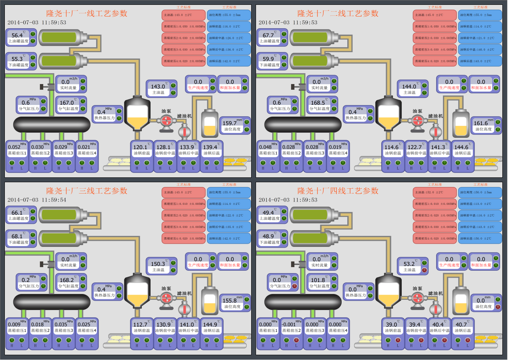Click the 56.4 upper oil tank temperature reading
coord(17,36)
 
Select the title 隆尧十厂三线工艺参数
coord(87,191)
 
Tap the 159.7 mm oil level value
coord(230,123)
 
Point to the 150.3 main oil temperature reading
coord(157,264)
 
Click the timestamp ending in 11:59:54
coord(37,200)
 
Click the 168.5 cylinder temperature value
coord(317,103)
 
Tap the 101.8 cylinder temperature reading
coord(317,280)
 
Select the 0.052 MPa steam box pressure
coord(14,147)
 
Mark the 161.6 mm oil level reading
coord(481,123)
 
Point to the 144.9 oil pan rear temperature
coord(210,324)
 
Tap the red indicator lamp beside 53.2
coord(424,270)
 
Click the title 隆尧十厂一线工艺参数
coord(87,13)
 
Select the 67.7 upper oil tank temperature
coord(269,36)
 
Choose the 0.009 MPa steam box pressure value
coord(14,324)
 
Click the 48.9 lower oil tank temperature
coord(269,236)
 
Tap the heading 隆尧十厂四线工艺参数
coord(338,191)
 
